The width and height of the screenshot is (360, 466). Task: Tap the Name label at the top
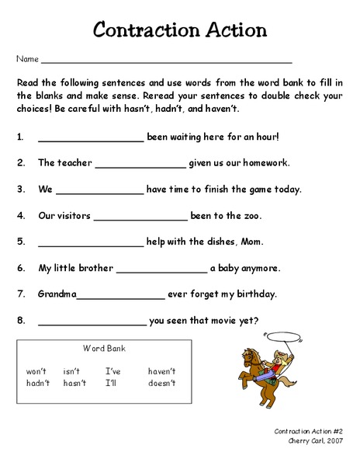pyautogui.click(x=26, y=59)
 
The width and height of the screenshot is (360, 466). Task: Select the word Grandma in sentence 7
pyautogui.click(x=57, y=294)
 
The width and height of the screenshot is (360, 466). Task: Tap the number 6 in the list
pyautogui.click(x=21, y=268)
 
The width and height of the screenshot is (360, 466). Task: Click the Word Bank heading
pyautogui.click(x=104, y=349)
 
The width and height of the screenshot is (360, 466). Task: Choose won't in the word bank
pyautogui.click(x=37, y=371)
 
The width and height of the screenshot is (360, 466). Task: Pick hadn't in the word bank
pyautogui.click(x=38, y=383)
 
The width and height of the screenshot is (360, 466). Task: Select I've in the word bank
pyautogui.click(x=113, y=371)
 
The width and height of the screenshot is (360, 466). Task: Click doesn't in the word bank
pyautogui.click(x=162, y=383)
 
